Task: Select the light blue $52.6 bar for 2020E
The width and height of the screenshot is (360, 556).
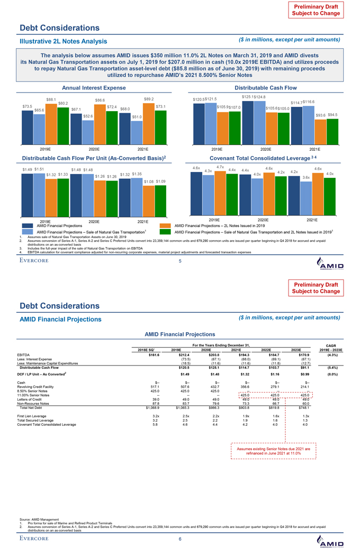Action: pos(88,132)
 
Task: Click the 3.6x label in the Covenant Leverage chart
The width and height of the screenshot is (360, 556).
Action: pos(305,177)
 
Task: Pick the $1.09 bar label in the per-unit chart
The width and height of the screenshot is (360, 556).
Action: pos(160,181)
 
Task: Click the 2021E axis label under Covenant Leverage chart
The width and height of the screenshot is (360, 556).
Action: pos(312,220)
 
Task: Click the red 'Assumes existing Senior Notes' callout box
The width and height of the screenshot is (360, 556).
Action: pos(274,450)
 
